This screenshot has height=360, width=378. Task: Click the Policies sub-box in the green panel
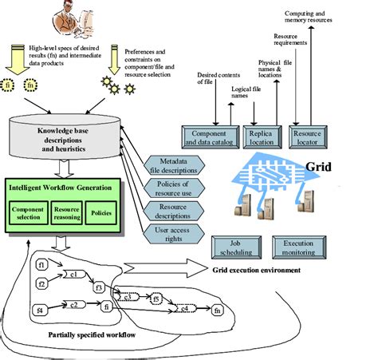104,213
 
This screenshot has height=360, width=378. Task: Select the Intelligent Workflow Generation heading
62,188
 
